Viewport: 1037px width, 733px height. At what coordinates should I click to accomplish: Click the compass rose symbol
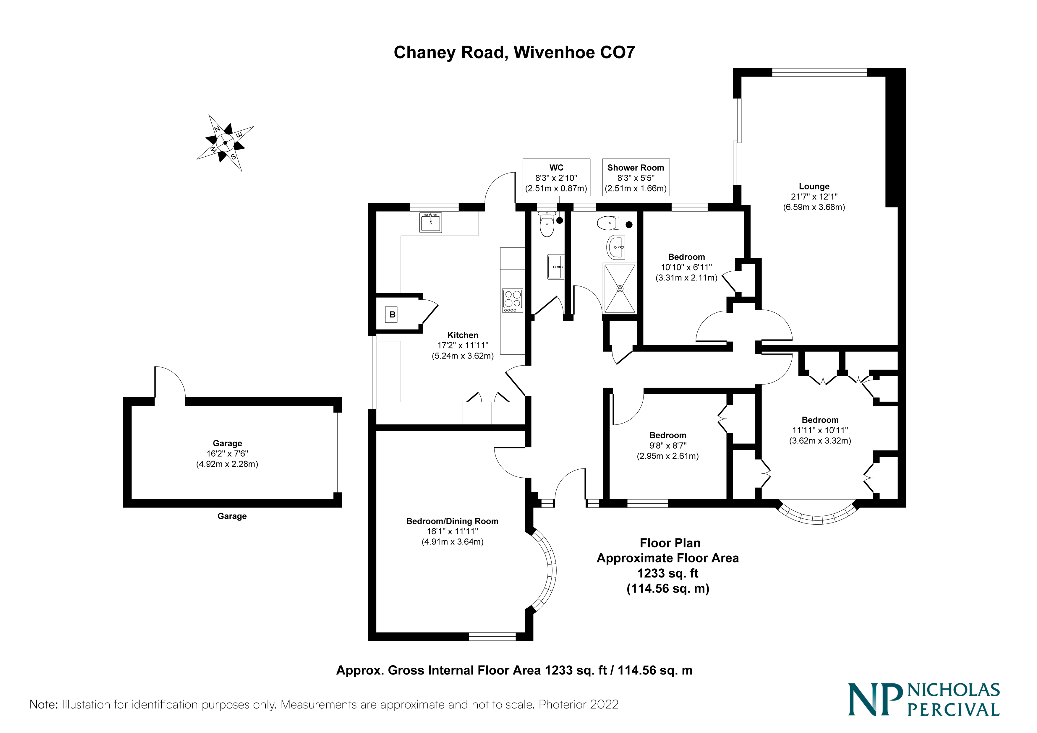(225, 143)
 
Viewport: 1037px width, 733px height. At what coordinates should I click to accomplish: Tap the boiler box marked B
(392, 315)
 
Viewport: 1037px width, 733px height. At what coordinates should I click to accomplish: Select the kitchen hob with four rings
(513, 300)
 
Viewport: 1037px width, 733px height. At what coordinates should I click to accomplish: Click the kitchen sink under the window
(430, 222)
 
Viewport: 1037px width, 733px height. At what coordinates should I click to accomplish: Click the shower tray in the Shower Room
(620, 288)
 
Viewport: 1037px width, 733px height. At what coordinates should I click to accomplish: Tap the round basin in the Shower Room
(615, 247)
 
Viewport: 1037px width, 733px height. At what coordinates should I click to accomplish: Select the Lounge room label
(814, 187)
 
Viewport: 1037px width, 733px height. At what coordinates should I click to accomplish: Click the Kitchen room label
(463, 335)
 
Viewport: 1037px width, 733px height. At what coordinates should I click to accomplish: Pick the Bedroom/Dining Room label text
(452, 521)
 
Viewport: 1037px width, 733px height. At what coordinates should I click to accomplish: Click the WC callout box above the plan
(556, 178)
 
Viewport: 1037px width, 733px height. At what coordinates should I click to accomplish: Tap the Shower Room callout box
(636, 178)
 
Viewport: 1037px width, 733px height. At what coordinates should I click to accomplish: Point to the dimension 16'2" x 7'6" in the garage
(227, 453)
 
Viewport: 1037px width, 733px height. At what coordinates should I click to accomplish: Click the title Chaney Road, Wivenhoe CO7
(514, 52)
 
